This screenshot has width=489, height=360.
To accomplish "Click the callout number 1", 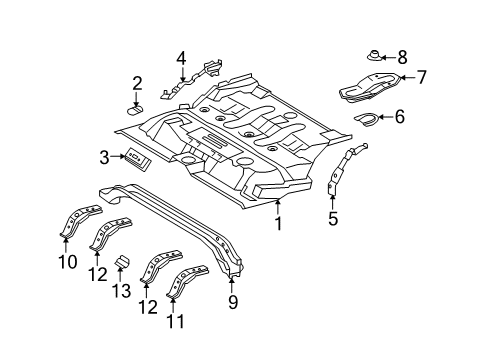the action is (278, 223).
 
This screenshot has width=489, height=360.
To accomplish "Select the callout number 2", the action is (137, 83).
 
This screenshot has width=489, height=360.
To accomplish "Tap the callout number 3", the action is (104, 157).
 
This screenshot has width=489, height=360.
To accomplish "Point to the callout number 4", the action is (181, 58).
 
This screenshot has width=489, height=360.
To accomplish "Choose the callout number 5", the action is (333, 219).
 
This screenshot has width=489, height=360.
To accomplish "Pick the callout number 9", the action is (232, 302).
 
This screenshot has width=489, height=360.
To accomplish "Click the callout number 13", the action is (121, 291).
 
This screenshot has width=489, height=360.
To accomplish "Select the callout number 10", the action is (68, 262).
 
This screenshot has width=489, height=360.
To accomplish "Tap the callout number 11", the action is (175, 321).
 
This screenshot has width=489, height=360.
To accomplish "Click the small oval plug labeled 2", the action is (136, 109).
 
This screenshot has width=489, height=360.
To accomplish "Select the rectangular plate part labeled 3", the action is (137, 159).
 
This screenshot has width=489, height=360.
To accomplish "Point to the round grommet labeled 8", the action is (374, 56).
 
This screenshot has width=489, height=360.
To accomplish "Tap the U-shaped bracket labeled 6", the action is (366, 119).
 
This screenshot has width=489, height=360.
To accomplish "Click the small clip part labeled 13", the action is (122, 262).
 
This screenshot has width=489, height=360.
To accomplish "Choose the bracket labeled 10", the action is (80, 221).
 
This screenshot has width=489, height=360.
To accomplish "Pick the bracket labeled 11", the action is (187, 281).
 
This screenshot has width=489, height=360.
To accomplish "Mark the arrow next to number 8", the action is (388, 57).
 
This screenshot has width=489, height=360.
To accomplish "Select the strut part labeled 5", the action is (346, 168).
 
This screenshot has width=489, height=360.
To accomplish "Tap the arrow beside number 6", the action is (385, 117).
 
